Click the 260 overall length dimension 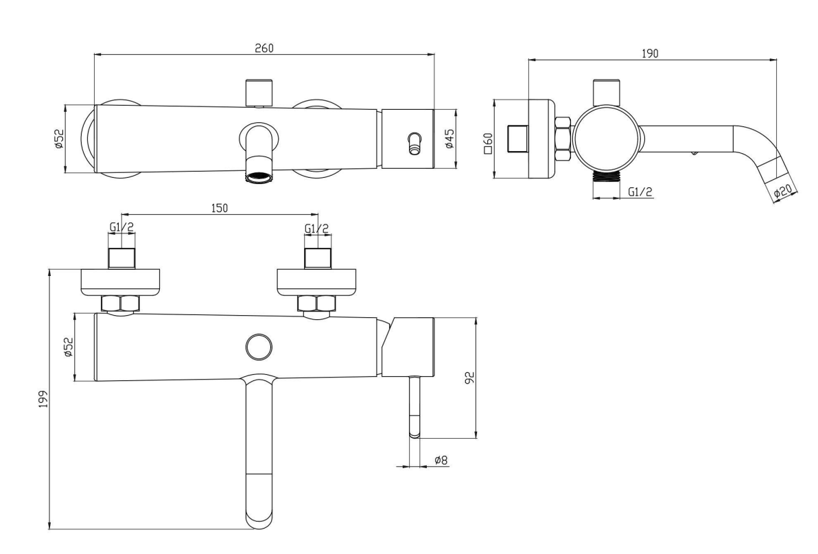pyautogui.click(x=264, y=48)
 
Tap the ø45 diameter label pyautogui.click(x=449, y=139)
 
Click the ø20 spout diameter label pyautogui.click(x=783, y=193)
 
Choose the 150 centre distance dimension pyautogui.click(x=219, y=208)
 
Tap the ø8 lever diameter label pyautogui.click(x=441, y=460)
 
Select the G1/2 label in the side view pyautogui.click(x=640, y=193)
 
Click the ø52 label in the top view pyautogui.click(x=59, y=139)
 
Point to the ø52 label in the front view pyautogui.click(x=68, y=347)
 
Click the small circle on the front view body pyautogui.click(x=259, y=346)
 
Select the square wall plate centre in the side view pyautogui.click(x=517, y=139)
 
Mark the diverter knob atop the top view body pyautogui.click(x=259, y=91)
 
